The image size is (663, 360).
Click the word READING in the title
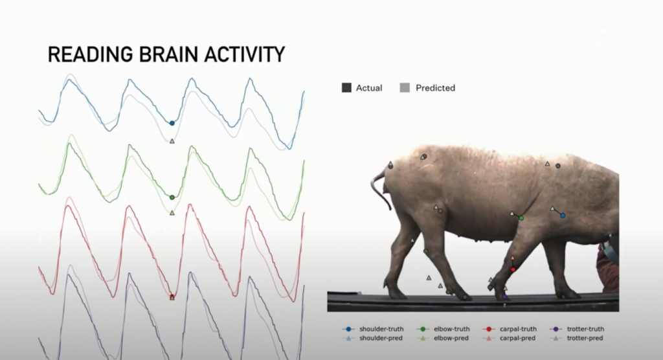pyautogui.click(x=90, y=54)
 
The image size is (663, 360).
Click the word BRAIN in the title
pyautogui.click(x=168, y=54)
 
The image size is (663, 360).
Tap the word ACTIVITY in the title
pyautogui.click(x=245, y=54)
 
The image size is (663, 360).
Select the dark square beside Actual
pyautogui.click(x=346, y=87)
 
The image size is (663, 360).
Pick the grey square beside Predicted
pyautogui.click(x=405, y=87)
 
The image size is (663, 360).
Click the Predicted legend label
pyautogui.click(x=435, y=88)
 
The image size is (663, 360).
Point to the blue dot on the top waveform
pyautogui.click(x=172, y=123)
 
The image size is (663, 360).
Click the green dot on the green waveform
pyautogui.click(x=172, y=197)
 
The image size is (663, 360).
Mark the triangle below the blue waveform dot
pyautogui.click(x=172, y=141)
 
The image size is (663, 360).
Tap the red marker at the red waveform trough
pyautogui.click(x=172, y=297)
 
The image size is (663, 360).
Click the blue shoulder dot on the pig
pyautogui.click(x=563, y=216)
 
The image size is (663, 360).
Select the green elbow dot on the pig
pyautogui.click(x=521, y=218)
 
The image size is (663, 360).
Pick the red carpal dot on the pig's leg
pyautogui.click(x=513, y=269)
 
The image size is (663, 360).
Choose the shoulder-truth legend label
pyautogui.click(x=381, y=329)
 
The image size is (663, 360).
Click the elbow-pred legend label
pyautogui.click(x=451, y=338)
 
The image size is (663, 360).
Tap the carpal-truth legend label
pyautogui.click(x=518, y=329)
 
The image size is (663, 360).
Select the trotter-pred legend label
pyautogui.click(x=585, y=338)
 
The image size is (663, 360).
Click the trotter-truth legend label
pyautogui.click(x=585, y=329)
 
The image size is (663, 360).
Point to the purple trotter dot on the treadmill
pyautogui.click(x=504, y=297)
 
